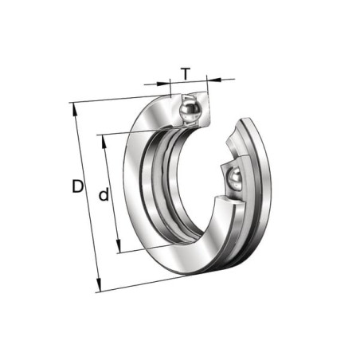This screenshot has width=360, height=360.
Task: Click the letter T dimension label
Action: [x=186, y=74]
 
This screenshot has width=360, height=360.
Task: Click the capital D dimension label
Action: [x=77, y=186]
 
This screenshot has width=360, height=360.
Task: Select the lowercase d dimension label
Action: [x=104, y=194]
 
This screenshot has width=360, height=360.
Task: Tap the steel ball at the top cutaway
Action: [x=190, y=109]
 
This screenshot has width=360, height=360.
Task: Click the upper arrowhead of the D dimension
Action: [x=75, y=109]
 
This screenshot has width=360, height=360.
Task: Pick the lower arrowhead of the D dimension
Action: [x=99, y=285]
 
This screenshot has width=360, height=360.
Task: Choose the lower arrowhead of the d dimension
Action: [x=119, y=245]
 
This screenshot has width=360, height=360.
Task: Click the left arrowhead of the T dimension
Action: [x=163, y=84]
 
